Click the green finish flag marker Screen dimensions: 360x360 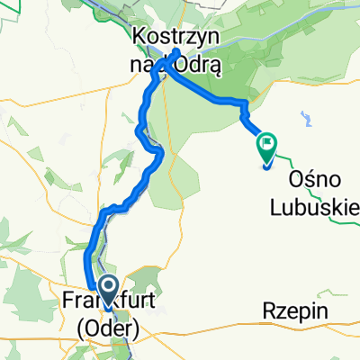pos(267,145)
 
